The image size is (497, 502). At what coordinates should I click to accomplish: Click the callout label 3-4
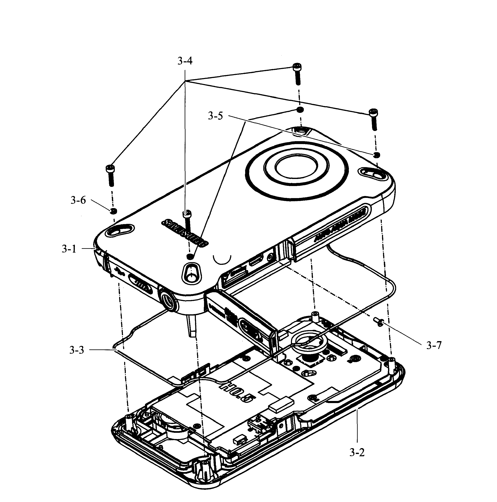coord(185,61)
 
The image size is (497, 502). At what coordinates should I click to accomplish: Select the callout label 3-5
coord(215,116)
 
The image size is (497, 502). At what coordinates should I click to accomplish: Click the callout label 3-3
coord(77,350)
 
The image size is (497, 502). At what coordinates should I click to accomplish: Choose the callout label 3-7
coord(434,345)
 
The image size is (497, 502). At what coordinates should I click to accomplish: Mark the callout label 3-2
coord(357,460)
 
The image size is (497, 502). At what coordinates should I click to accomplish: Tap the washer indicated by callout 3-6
coord(113,211)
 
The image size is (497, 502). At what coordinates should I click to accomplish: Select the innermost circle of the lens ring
coord(296,168)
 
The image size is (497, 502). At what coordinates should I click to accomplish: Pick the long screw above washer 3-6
coord(110,176)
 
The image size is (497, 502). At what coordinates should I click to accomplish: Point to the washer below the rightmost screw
coord(376,155)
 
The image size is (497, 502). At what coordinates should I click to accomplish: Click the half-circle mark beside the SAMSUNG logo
coord(222,260)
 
